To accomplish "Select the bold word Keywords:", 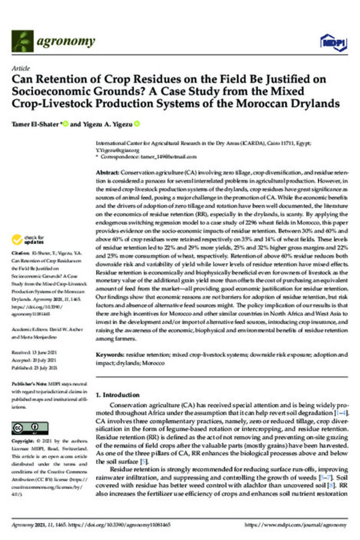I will pyautogui.click(x=111, y=355).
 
